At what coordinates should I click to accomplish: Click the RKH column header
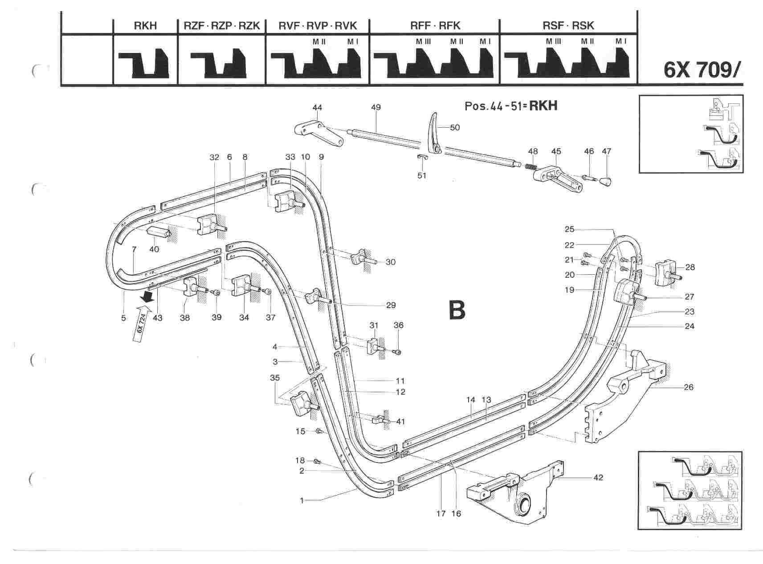click(145, 26)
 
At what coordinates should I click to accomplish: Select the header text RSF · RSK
click(568, 26)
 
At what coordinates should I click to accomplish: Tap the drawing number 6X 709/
click(703, 70)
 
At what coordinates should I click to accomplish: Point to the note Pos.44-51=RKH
click(511, 106)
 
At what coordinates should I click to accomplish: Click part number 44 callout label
click(317, 108)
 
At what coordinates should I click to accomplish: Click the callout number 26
click(688, 387)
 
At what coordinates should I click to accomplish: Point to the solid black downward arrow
click(145, 296)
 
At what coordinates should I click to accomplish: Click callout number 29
click(391, 305)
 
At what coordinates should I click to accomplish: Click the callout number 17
click(441, 514)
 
